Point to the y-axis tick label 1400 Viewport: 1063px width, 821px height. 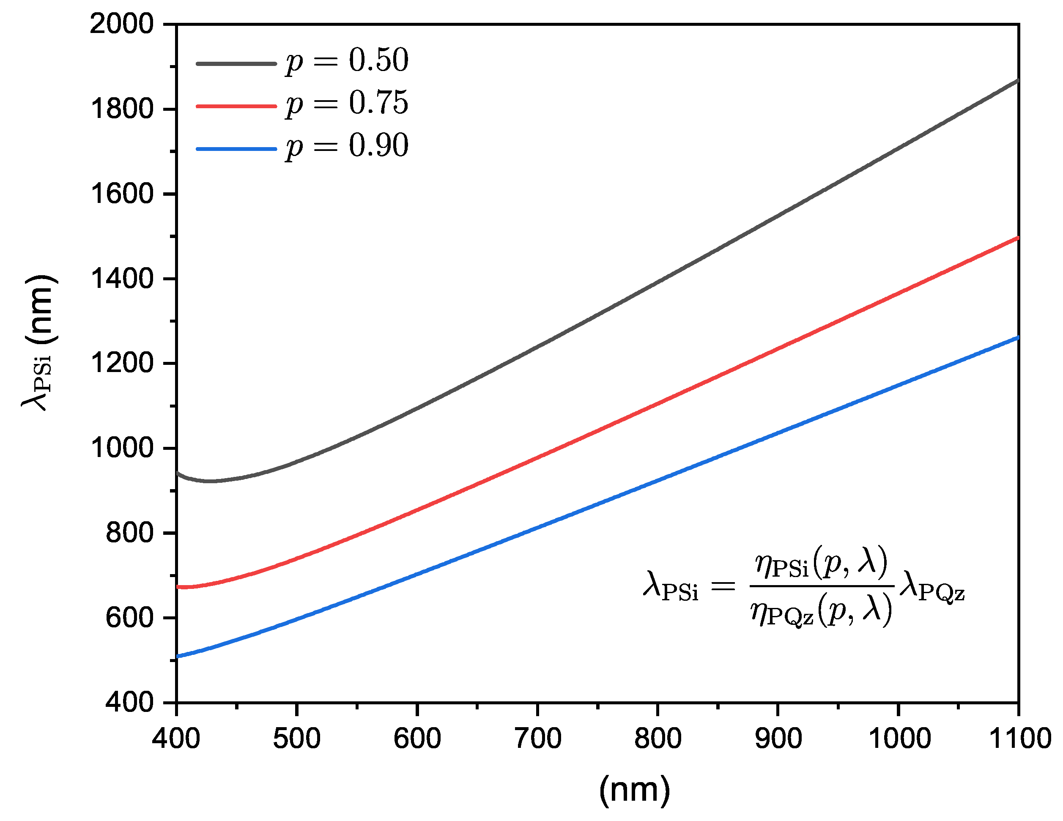(x=122, y=279)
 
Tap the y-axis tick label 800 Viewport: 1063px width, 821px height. (x=129, y=534)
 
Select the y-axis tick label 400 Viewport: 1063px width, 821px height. (x=129, y=703)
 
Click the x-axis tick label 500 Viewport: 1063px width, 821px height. (x=296, y=739)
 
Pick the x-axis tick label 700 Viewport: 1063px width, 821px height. (x=537, y=739)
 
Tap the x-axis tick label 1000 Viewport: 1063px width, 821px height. (x=899, y=739)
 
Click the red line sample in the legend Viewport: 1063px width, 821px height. (x=236, y=106)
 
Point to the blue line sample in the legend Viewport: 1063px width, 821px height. (x=236, y=148)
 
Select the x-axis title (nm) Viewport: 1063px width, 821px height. (x=634, y=789)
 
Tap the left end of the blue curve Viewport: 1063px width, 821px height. (x=178, y=657)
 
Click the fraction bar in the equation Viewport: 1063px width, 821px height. (x=822, y=586)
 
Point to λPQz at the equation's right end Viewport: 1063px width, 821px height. (x=931, y=586)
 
